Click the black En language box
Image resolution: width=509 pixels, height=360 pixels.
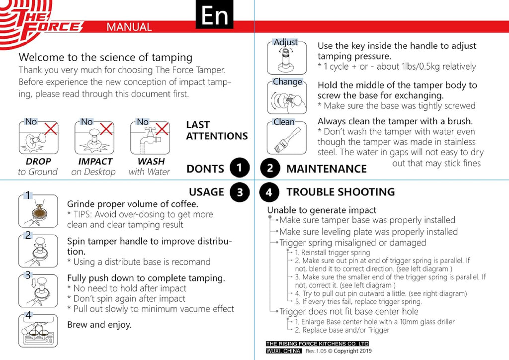215,15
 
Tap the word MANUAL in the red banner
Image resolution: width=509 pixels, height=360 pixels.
129,27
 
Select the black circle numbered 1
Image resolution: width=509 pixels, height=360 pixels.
240,169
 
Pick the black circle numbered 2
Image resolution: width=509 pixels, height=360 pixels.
270,169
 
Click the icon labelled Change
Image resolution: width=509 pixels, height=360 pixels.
285,96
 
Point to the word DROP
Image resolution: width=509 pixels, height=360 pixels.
38,162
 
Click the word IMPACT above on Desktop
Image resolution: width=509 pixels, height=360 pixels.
95,162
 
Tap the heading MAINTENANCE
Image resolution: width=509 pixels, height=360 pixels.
326,169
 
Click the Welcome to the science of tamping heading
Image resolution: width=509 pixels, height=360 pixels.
105,57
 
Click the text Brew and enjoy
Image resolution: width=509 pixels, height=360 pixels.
99,325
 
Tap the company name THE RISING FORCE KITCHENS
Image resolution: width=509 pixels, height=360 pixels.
317,344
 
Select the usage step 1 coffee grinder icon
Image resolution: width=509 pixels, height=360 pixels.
38,209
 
